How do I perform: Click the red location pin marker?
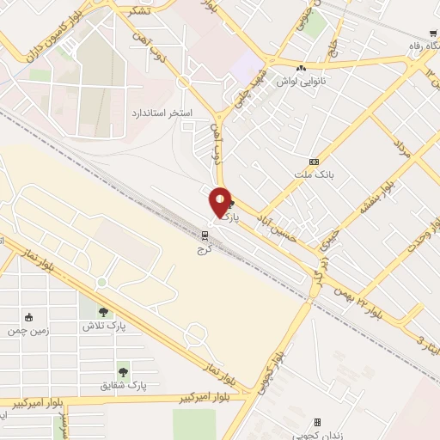(220, 202)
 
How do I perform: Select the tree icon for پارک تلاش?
(104, 312)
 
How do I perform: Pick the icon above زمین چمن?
(30, 317)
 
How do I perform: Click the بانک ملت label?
(314, 174)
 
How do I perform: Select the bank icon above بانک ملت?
(314, 161)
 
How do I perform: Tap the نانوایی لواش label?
(300, 82)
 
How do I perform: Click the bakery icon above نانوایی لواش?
(300, 69)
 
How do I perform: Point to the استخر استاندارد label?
(162, 113)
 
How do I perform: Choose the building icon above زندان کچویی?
(317, 423)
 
